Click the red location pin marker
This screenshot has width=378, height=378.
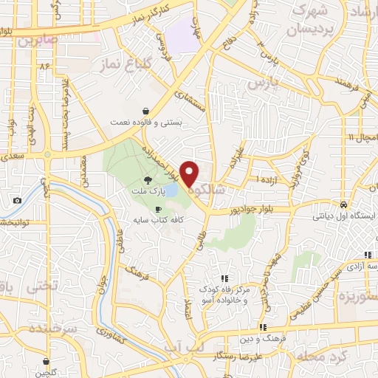[x=190, y=173]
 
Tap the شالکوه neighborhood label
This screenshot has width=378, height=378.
[x=209, y=190]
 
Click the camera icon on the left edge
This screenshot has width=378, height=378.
[x=17, y=201]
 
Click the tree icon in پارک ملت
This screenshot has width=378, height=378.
[x=148, y=180]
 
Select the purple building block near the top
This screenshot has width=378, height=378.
[x=183, y=36]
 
